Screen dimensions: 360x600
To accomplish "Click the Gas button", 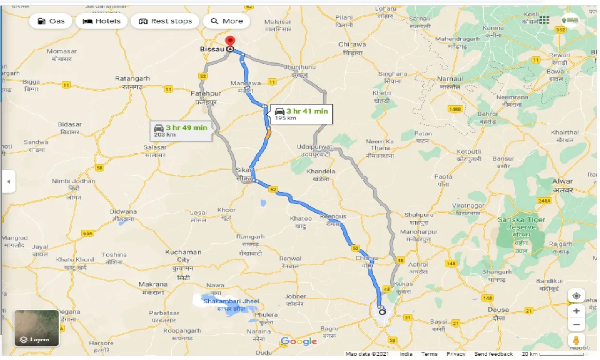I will [51, 21].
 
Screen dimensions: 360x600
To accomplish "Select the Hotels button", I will [102, 21].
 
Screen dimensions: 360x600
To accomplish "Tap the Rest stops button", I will [165, 21].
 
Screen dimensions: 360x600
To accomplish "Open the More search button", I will [227, 21].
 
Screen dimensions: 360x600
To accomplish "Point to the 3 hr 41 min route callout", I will [302, 113].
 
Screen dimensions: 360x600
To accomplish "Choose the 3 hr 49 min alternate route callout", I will [181, 130].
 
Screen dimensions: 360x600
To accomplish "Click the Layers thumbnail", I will [37, 328].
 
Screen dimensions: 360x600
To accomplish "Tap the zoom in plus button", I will [577, 311].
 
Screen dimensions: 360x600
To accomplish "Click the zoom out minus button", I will [577, 325].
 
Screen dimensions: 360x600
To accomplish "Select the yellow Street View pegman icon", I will [577, 340].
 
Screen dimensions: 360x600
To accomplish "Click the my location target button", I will [577, 296].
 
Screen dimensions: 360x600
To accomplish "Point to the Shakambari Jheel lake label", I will [231, 301].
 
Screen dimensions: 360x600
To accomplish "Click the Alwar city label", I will [562, 181].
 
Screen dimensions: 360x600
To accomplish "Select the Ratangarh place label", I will [132, 79].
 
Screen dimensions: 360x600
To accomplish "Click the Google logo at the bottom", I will [299, 342].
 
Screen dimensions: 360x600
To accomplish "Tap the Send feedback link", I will [493, 354].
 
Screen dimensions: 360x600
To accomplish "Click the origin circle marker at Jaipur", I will [382, 312].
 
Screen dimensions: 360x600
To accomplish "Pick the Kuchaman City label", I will [183, 256].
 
